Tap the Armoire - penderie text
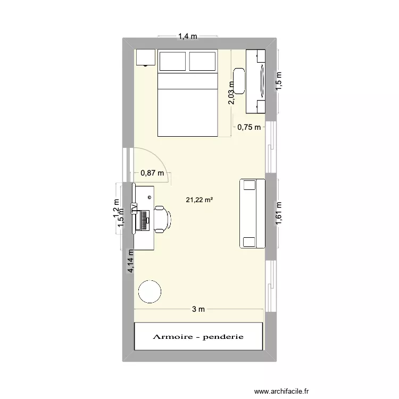(x=198, y=337)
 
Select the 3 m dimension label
(x=198, y=310)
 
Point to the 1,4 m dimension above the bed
(x=187, y=37)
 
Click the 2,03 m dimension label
(x=231, y=93)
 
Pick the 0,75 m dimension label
(x=250, y=127)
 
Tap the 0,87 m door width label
(x=153, y=172)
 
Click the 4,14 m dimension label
(x=131, y=262)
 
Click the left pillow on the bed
(x=172, y=62)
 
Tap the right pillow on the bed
(x=203, y=62)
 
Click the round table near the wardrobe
(x=149, y=291)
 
